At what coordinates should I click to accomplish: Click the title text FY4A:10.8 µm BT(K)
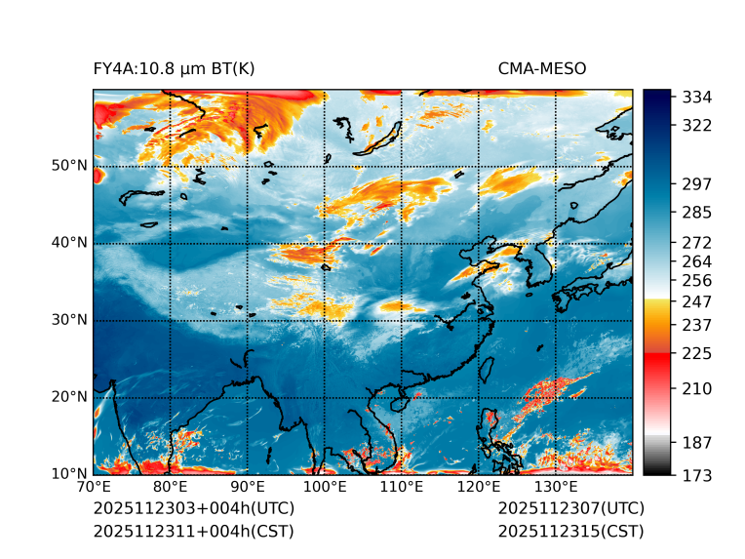click(175, 69)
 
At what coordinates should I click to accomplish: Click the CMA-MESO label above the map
click(542, 69)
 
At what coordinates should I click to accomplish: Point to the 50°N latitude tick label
click(69, 166)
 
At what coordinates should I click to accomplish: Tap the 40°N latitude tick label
click(69, 243)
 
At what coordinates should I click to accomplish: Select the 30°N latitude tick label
click(69, 320)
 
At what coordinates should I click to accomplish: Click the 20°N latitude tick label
click(69, 397)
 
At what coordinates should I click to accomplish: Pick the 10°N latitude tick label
click(69, 474)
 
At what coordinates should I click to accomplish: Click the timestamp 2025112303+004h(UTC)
click(194, 509)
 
